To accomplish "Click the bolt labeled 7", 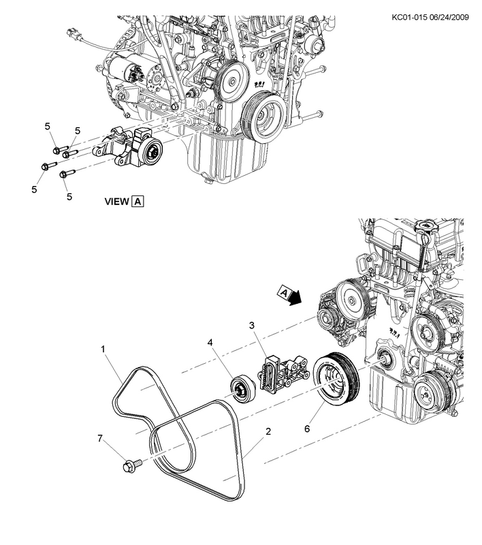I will tap(128, 467).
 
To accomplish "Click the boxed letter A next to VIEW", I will tap(138, 202).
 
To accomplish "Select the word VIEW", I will tap(116, 202).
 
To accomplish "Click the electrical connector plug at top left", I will tap(74, 33).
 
